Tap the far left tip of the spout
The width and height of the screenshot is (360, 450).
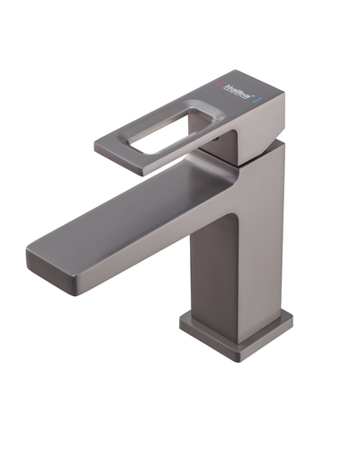(28, 256)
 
